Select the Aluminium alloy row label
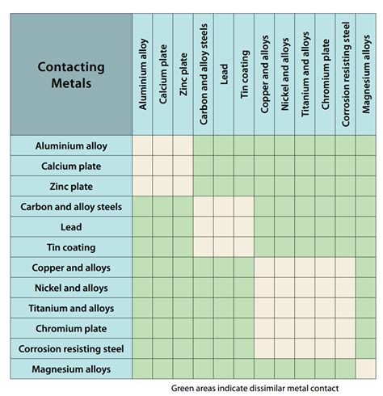[x=71, y=146]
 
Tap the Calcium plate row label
[x=71, y=166]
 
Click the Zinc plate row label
[x=71, y=187]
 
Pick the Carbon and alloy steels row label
[x=71, y=207]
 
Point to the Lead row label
[x=71, y=227]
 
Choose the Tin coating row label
[x=71, y=247]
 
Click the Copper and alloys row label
[x=71, y=268]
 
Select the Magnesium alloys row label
[x=71, y=369]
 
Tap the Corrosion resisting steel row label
[x=71, y=349]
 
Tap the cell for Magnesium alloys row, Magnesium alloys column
[x=366, y=369]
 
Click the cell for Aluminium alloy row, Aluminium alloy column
[x=143, y=146]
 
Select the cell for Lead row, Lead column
[x=224, y=227]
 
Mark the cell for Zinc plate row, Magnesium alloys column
[x=366, y=187]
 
